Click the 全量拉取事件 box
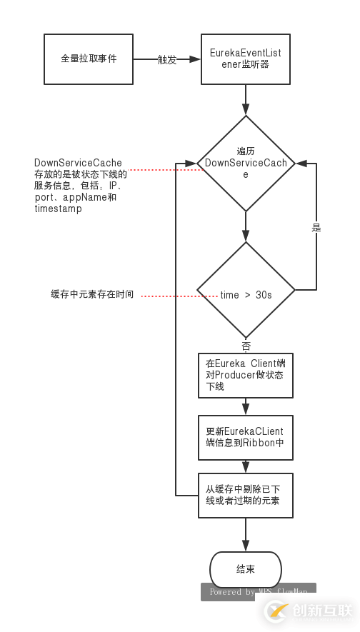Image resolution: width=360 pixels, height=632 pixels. [89, 59]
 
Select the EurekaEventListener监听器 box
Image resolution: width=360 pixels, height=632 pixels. [245, 59]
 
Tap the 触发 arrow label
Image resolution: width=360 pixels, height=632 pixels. [167, 60]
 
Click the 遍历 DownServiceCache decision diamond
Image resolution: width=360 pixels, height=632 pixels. [246, 164]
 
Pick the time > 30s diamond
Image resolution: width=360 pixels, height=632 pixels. [246, 295]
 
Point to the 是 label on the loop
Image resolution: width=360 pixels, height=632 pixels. [316, 228]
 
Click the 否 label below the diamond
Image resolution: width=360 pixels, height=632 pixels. [246, 346]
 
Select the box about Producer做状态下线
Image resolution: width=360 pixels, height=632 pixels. [245, 375]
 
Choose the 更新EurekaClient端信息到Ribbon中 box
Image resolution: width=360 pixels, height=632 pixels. [245, 437]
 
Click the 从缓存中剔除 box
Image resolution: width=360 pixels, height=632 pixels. [245, 495]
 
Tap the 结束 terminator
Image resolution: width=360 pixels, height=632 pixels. [245, 569]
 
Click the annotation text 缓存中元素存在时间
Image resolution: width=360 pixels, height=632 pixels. [92, 294]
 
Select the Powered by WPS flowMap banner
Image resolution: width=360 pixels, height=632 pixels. [259, 592]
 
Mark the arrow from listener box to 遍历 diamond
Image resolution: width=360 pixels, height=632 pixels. [246, 100]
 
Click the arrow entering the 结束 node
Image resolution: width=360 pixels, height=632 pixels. [246, 534]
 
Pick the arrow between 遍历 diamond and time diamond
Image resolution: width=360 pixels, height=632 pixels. [246, 227]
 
